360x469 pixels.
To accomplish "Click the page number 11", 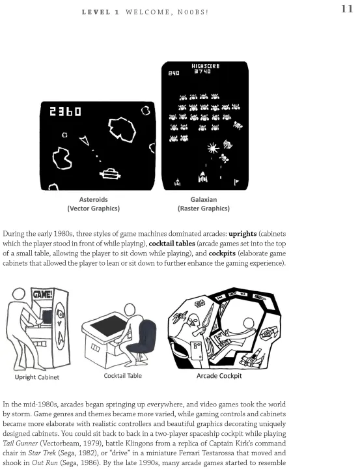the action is [347, 9].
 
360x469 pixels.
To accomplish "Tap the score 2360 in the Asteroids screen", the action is [65, 111].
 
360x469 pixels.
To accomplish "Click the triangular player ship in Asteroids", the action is [85, 140].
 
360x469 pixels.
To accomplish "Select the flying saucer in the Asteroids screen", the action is [110, 173].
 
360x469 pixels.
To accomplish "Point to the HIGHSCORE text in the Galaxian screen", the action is [206, 66].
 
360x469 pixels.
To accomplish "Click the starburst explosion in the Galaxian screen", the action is [213, 148].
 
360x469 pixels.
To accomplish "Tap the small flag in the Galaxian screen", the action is [236, 182].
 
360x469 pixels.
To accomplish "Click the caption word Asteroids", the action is [93, 199].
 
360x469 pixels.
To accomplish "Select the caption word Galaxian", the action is [204, 199].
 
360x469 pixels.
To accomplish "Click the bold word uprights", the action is [242, 234].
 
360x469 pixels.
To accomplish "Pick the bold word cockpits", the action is [222, 253].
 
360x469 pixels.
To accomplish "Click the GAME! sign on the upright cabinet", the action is [43, 294].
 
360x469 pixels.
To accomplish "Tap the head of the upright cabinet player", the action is [18, 294].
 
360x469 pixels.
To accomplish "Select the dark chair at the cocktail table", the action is [143, 337].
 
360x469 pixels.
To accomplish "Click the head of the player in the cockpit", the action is [249, 324].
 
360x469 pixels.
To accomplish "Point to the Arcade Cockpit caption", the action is [219, 376].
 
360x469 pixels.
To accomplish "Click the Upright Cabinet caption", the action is [37, 377].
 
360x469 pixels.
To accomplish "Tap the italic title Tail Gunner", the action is [20, 444].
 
